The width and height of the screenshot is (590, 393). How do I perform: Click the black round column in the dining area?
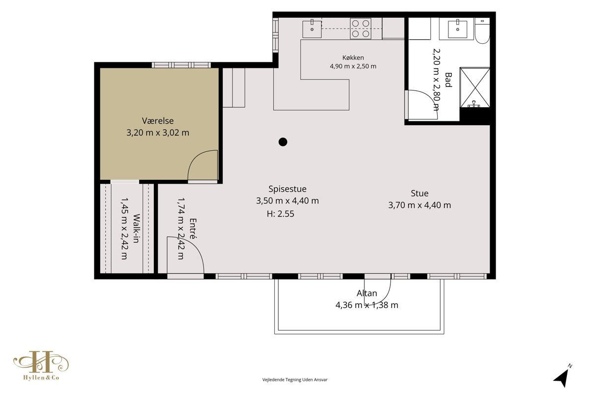[x=283, y=142]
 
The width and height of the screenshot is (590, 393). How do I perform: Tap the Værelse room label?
[x=158, y=121]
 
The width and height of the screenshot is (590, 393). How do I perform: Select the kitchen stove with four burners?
[x=360, y=28]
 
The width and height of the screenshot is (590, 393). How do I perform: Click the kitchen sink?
[x=312, y=29]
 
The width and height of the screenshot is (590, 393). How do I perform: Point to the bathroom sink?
[x=458, y=28]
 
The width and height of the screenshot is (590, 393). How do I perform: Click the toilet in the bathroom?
[x=482, y=31]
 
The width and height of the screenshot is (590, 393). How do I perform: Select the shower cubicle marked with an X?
[x=475, y=87]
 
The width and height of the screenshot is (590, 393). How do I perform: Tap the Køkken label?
[x=353, y=57]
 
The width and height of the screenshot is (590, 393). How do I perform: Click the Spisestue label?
[x=287, y=189]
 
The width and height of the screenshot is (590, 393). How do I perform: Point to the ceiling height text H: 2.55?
[x=281, y=214]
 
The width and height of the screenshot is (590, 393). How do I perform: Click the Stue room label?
[x=419, y=194]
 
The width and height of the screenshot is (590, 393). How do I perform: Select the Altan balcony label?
[x=367, y=293]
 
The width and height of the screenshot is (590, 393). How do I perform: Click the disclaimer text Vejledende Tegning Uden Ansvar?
[x=295, y=380]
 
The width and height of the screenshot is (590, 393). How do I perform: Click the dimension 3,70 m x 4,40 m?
[x=419, y=205]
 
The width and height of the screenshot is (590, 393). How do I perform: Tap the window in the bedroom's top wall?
[x=181, y=65]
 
